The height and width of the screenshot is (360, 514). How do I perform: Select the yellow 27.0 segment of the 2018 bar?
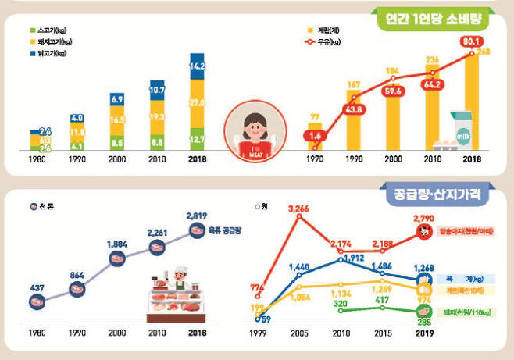(x=198, y=102)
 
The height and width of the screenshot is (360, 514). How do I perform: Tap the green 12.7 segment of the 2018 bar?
(x=198, y=139)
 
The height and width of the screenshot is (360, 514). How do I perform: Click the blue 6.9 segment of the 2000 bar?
(x=116, y=100)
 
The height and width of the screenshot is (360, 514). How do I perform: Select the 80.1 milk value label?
(x=470, y=40)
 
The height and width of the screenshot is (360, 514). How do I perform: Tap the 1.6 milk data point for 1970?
(x=314, y=137)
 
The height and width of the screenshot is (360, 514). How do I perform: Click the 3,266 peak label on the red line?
(x=300, y=209)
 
